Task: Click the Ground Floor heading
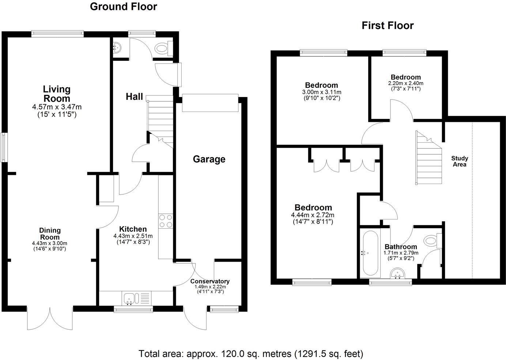123,7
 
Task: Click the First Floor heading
388,26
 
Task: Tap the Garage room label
209,159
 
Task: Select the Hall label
134,97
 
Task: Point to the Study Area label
460,161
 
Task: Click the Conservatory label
210,281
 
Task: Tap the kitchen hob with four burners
166,221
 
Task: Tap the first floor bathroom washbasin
397,273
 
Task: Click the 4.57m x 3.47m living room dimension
57,107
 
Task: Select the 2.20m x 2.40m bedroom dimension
406,83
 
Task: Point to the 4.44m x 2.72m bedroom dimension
313,215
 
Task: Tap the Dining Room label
50,234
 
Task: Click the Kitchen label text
133,229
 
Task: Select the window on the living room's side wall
4,147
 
